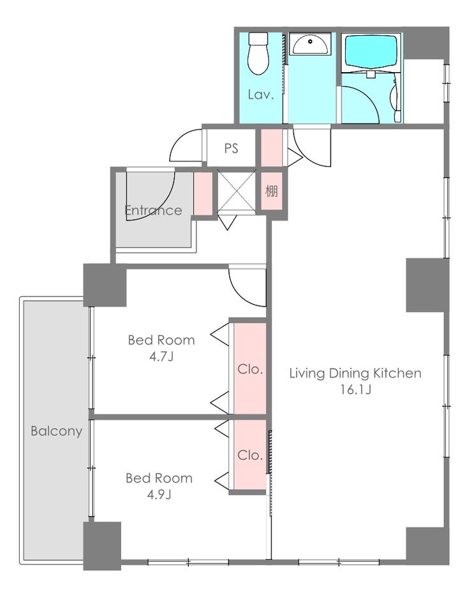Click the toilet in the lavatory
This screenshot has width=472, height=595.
point(258,53)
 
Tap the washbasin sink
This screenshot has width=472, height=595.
point(311,44)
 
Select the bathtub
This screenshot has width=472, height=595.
point(371,52)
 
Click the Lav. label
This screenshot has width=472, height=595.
point(261,94)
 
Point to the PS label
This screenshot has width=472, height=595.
point(231,148)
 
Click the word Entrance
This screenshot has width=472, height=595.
point(153,210)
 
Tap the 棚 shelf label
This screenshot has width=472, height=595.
point(271,191)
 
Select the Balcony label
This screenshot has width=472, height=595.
point(57,431)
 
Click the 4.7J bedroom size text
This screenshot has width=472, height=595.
point(161,356)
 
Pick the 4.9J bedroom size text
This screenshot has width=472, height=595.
point(159,495)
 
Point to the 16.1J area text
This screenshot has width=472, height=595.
point(355,390)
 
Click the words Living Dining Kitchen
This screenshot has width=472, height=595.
point(355,374)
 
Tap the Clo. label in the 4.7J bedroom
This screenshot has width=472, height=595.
point(250,369)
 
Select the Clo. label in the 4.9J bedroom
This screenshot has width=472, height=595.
point(250,455)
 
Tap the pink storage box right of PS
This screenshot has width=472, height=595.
point(272,148)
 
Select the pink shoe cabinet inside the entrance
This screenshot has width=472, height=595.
point(203,194)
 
